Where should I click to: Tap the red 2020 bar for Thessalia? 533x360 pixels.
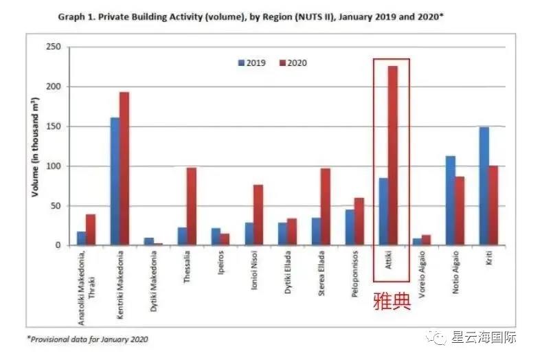click(191, 206)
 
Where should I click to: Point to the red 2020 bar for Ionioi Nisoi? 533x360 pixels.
click(258, 214)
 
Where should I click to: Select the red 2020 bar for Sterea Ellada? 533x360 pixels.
click(326, 206)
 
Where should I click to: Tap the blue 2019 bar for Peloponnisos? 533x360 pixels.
click(350, 227)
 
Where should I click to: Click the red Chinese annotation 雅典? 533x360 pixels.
click(391, 301)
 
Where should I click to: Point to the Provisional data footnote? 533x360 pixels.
click(87, 339)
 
